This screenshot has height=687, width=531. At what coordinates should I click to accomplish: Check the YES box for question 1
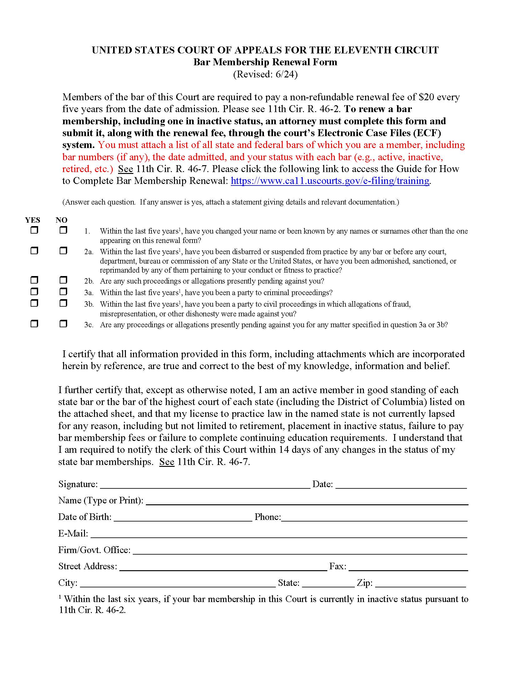click(34, 230)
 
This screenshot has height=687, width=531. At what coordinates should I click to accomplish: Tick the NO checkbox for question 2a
click(63, 250)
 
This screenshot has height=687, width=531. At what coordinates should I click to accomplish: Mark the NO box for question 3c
click(63, 324)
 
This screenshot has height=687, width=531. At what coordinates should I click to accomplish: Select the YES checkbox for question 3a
click(34, 291)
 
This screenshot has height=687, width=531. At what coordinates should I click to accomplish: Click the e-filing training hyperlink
click(330, 181)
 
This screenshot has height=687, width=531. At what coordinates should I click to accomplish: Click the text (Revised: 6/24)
click(265, 74)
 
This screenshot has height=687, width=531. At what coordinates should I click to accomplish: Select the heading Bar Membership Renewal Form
click(265, 62)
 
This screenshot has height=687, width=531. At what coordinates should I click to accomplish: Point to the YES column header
click(33, 220)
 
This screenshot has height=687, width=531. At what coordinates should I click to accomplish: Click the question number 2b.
click(89, 281)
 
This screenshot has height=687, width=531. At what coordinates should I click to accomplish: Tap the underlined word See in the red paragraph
click(126, 169)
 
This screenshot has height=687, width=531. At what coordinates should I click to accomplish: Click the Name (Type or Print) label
click(101, 501)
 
